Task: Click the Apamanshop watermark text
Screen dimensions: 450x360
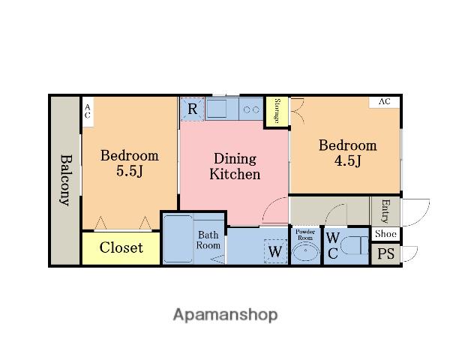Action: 225,315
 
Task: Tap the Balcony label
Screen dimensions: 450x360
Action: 66,180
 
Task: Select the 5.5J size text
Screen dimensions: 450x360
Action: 130,171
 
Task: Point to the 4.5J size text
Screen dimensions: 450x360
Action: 347,160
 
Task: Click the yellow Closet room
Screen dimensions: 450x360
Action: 121,248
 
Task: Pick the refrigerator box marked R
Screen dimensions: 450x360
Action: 192,109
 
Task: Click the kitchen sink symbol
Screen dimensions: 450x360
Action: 217,109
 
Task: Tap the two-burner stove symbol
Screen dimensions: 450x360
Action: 251,109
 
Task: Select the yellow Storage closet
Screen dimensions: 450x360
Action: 277,112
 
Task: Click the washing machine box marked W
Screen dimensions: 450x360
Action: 275,251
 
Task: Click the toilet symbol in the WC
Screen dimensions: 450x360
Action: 354,245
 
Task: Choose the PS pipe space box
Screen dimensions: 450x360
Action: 385,254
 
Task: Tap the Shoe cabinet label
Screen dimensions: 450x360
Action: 385,234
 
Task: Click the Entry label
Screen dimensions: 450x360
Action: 385,211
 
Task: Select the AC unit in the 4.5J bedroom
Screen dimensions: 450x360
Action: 384,102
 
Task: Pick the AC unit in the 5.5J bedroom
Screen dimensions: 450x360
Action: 88,112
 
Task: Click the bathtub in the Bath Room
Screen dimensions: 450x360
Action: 178,238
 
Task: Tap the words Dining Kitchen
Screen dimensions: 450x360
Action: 235,166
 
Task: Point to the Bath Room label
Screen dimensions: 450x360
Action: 208,240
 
